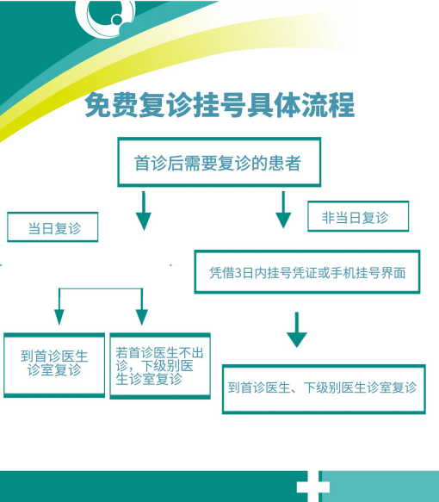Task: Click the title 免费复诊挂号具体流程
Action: click(x=219, y=105)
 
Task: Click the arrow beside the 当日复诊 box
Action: click(x=144, y=211)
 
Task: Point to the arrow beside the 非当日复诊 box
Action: click(x=283, y=210)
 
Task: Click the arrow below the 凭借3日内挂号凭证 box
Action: click(x=297, y=330)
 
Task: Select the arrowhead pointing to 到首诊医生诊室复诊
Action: click(x=59, y=317)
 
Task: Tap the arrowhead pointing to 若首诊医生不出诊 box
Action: click(x=142, y=317)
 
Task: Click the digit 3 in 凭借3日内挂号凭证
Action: click(x=238, y=273)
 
